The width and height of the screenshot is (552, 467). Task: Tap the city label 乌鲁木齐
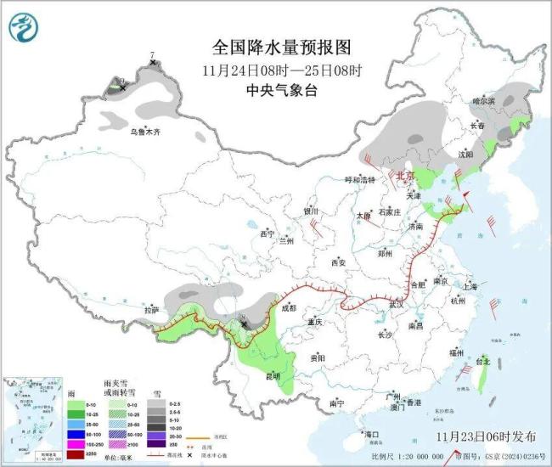coord(145,132)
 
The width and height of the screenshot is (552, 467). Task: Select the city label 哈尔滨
coord(483,101)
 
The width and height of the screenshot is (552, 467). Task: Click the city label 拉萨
coord(151,310)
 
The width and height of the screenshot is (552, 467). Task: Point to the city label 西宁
coord(268,233)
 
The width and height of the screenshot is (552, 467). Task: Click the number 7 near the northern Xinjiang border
coord(152,55)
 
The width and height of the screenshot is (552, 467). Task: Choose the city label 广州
coord(391,397)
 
